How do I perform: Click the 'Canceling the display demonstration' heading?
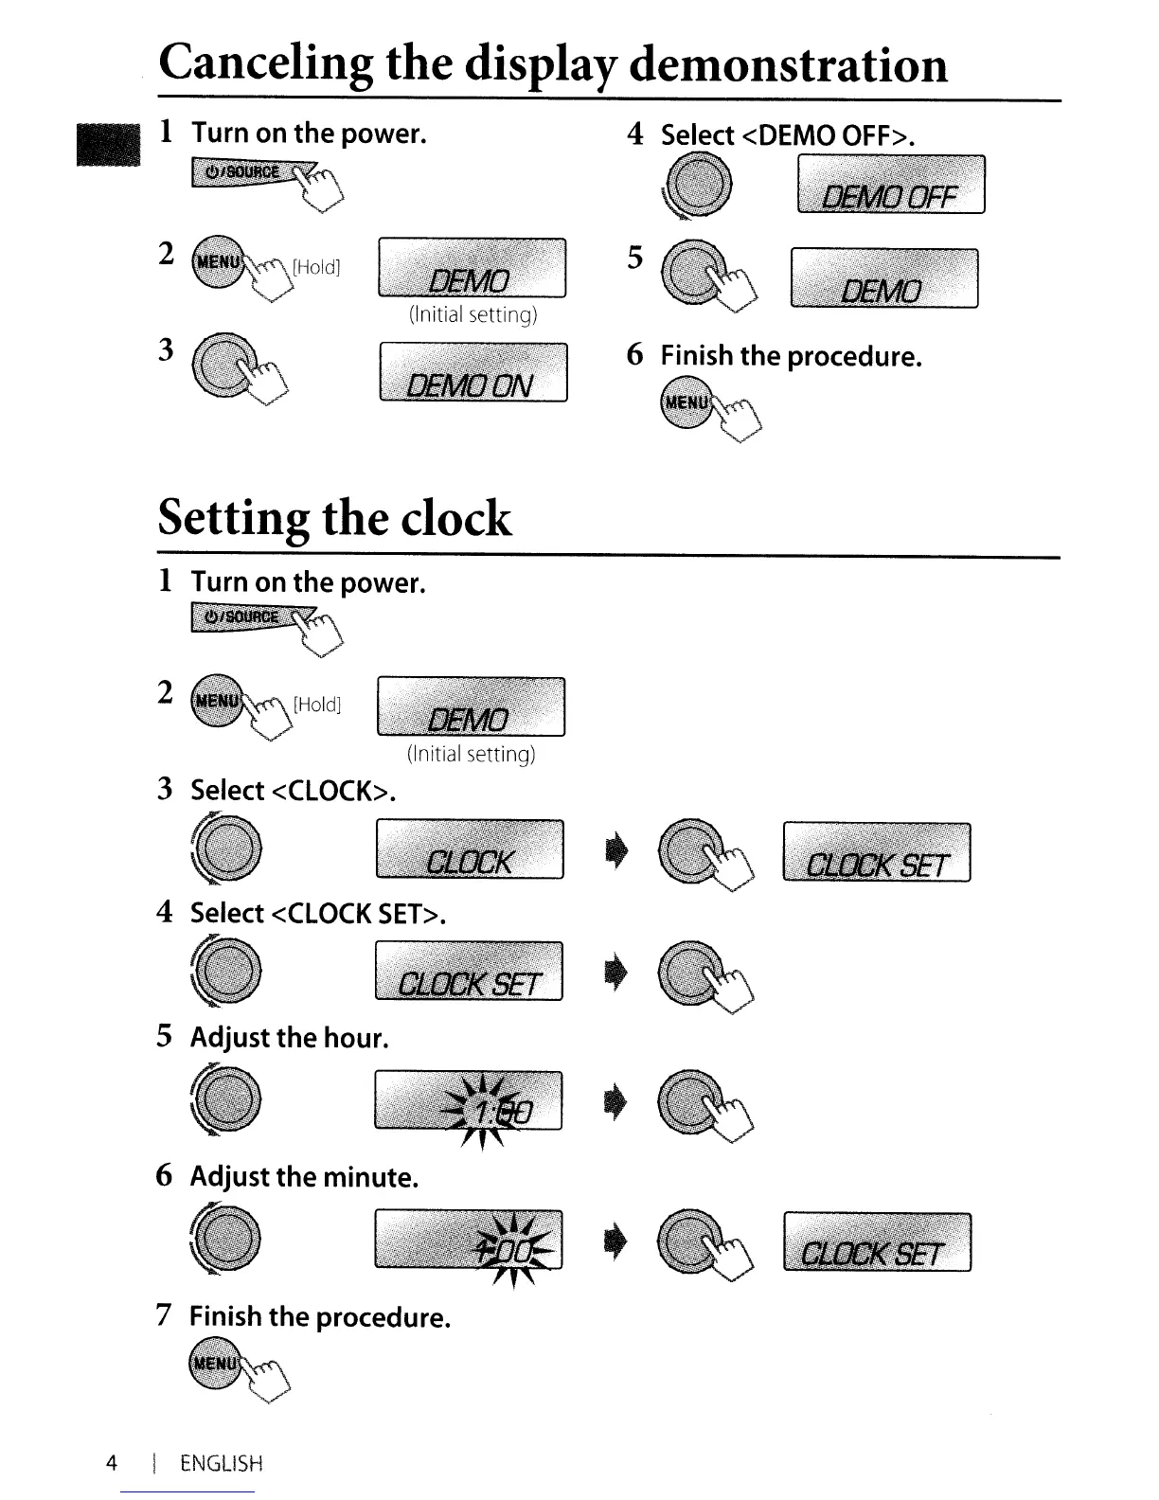point(553,64)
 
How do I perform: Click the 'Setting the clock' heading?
point(334,518)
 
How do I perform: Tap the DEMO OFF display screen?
point(891,186)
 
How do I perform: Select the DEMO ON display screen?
point(473,373)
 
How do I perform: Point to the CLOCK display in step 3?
point(470,850)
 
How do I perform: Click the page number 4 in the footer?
point(112,1463)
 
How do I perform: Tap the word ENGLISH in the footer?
point(221,1463)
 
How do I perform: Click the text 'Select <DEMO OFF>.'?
point(788,135)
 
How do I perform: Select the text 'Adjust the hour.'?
point(290,1038)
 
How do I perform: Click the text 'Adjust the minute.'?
point(304,1177)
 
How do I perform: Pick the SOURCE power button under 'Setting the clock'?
point(241,616)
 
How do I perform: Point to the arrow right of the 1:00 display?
point(614,1106)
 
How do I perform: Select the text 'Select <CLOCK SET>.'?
point(318,914)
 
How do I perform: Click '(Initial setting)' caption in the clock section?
point(471,754)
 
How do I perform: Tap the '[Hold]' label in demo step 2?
point(315,267)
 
